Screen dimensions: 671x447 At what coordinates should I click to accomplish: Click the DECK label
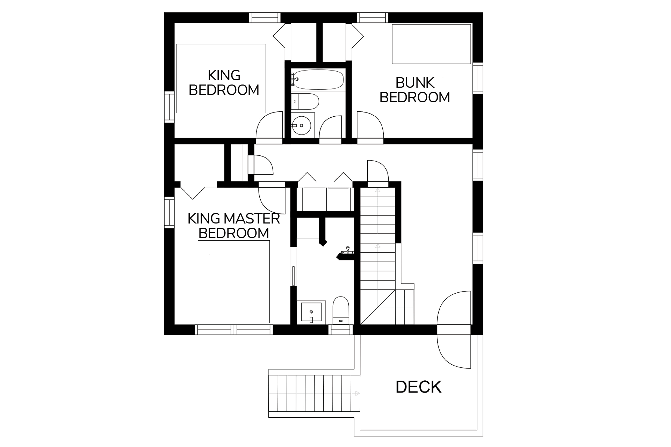pyautogui.click(x=418, y=387)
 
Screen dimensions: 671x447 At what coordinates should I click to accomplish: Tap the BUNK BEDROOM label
pyautogui.click(x=415, y=90)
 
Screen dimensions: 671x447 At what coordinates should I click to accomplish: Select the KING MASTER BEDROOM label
pyautogui.click(x=234, y=226)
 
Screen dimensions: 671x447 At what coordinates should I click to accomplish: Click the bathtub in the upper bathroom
pyautogui.click(x=317, y=80)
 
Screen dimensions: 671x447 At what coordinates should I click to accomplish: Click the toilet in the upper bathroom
pyautogui.click(x=305, y=101)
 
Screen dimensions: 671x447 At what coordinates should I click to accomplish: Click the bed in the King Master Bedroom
pyautogui.click(x=234, y=281)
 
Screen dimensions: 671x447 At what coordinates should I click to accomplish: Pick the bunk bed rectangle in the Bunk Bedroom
pyautogui.click(x=431, y=44)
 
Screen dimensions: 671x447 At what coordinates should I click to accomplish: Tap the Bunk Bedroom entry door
pyautogui.click(x=370, y=127)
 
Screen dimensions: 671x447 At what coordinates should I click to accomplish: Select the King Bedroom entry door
pyautogui.click(x=269, y=127)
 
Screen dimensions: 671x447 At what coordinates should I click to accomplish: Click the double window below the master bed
pyautogui.click(x=234, y=330)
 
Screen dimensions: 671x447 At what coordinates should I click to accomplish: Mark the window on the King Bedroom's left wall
pyautogui.click(x=169, y=107)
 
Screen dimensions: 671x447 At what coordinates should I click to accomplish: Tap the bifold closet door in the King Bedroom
pyautogui.click(x=279, y=36)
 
